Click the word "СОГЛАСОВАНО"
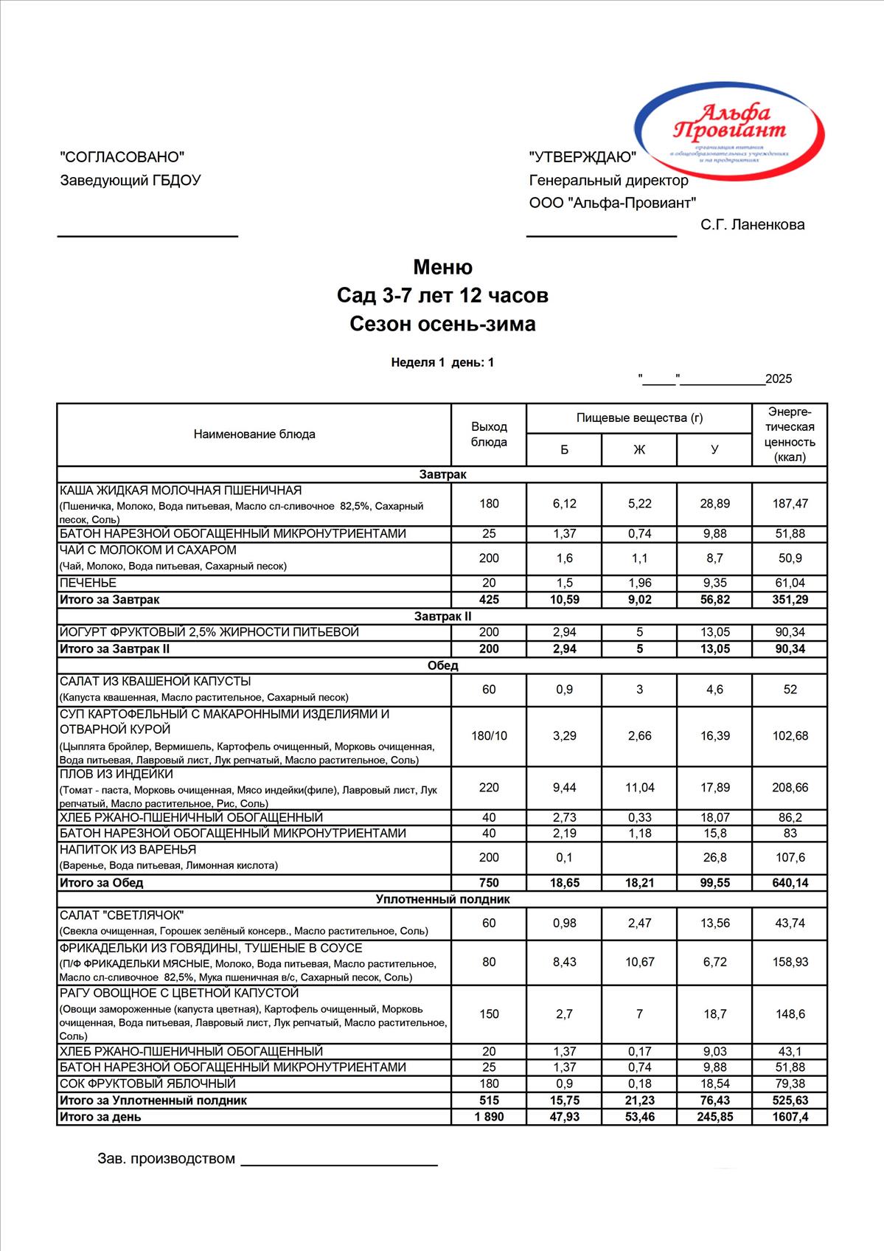pos(122,156)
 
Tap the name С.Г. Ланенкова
pos(752,225)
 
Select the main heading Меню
pos(442,267)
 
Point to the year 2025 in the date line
pos(779,379)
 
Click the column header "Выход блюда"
pos(489,434)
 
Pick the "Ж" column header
pos(639,450)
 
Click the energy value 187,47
pos(790,504)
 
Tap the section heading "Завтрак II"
pos(442,616)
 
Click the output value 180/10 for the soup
pos(489,736)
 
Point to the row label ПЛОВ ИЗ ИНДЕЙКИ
pos(116,774)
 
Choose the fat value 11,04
pos(639,788)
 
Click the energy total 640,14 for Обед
pos(790,883)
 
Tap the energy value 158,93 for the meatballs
pos(790,963)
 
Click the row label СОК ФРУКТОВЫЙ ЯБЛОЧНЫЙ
pos(147,1084)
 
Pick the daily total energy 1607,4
pos(790,1117)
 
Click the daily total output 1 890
pos(489,1117)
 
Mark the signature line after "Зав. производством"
pos(339,1165)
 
